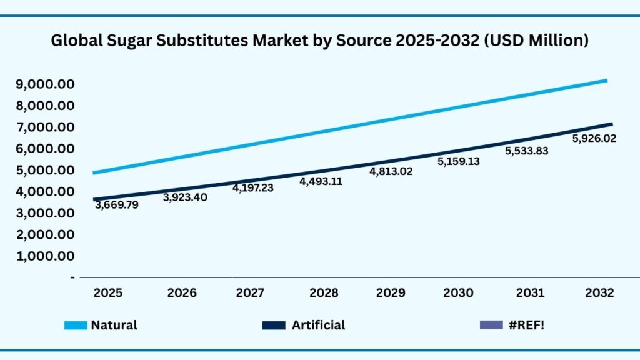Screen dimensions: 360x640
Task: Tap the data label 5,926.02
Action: click(x=594, y=139)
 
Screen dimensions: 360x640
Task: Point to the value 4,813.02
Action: click(x=391, y=171)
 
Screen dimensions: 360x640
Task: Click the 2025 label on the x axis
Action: click(x=108, y=292)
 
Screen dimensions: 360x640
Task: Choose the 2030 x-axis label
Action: click(x=459, y=292)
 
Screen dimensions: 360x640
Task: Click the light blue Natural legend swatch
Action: click(x=76, y=325)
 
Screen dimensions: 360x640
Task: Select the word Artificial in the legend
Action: click(x=318, y=325)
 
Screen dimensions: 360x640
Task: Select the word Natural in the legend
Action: click(x=114, y=325)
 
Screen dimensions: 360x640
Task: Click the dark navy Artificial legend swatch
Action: click(x=274, y=325)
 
